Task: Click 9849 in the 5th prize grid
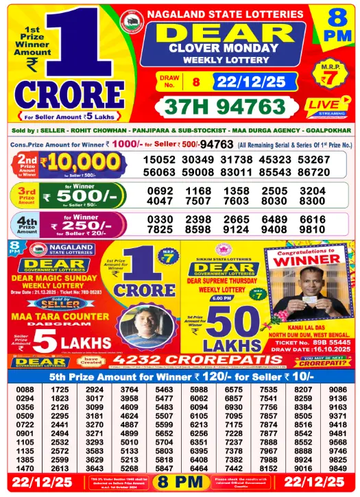(337, 468)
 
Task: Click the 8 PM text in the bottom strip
(180, 483)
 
